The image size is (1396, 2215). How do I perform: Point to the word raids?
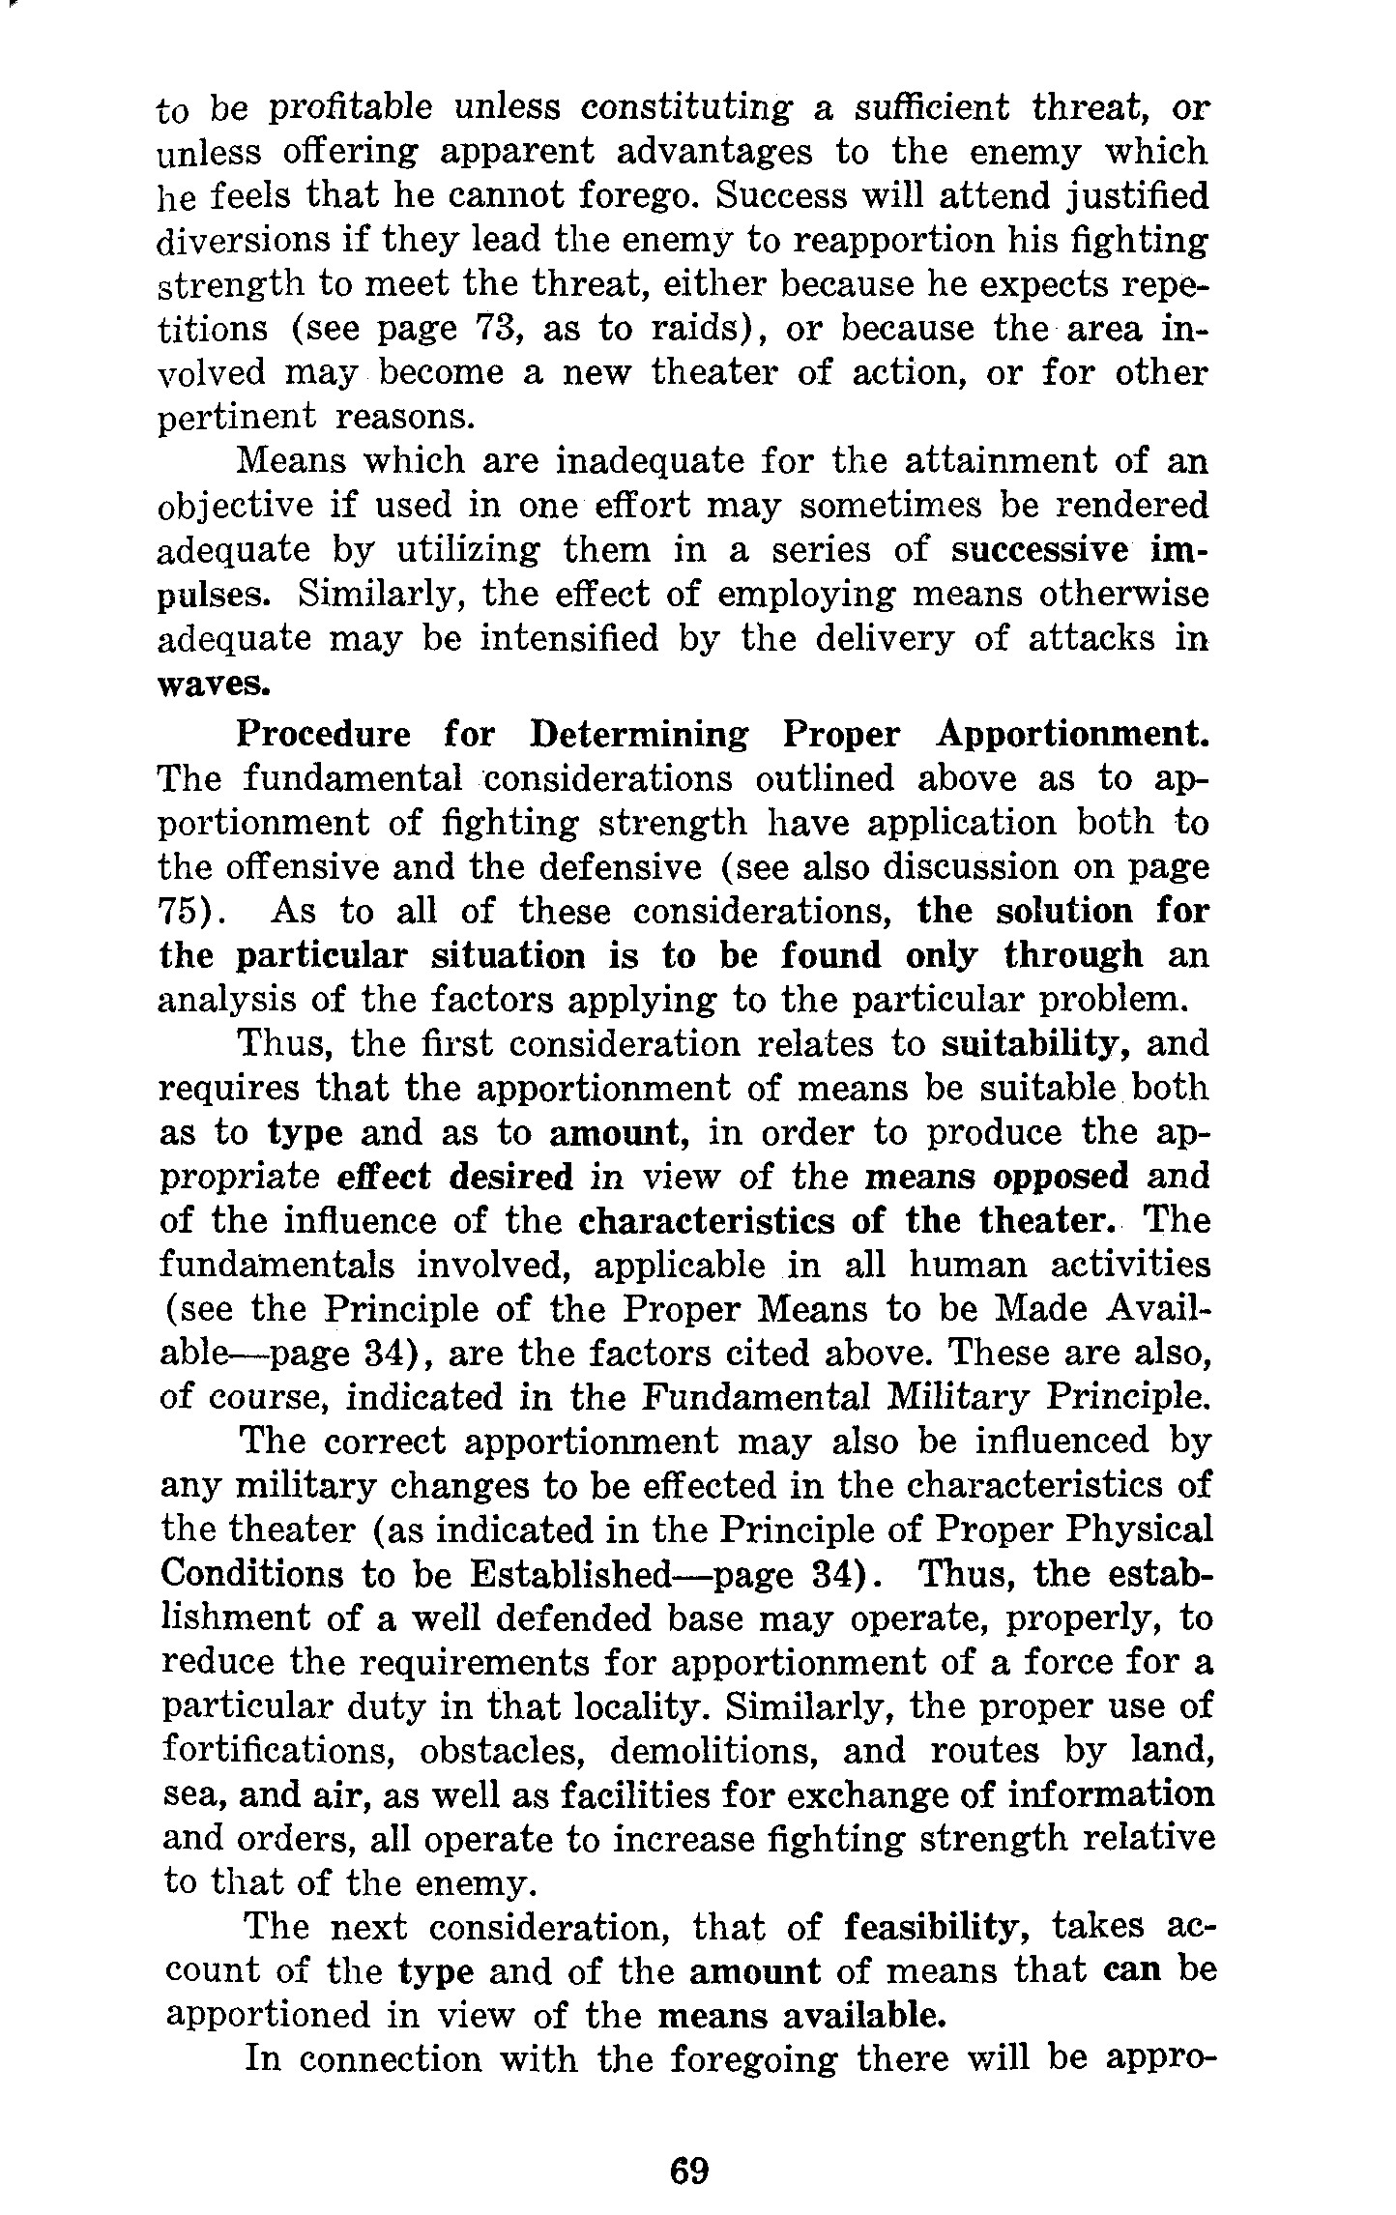(703, 329)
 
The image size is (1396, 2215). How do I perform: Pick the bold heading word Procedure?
(323, 734)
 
